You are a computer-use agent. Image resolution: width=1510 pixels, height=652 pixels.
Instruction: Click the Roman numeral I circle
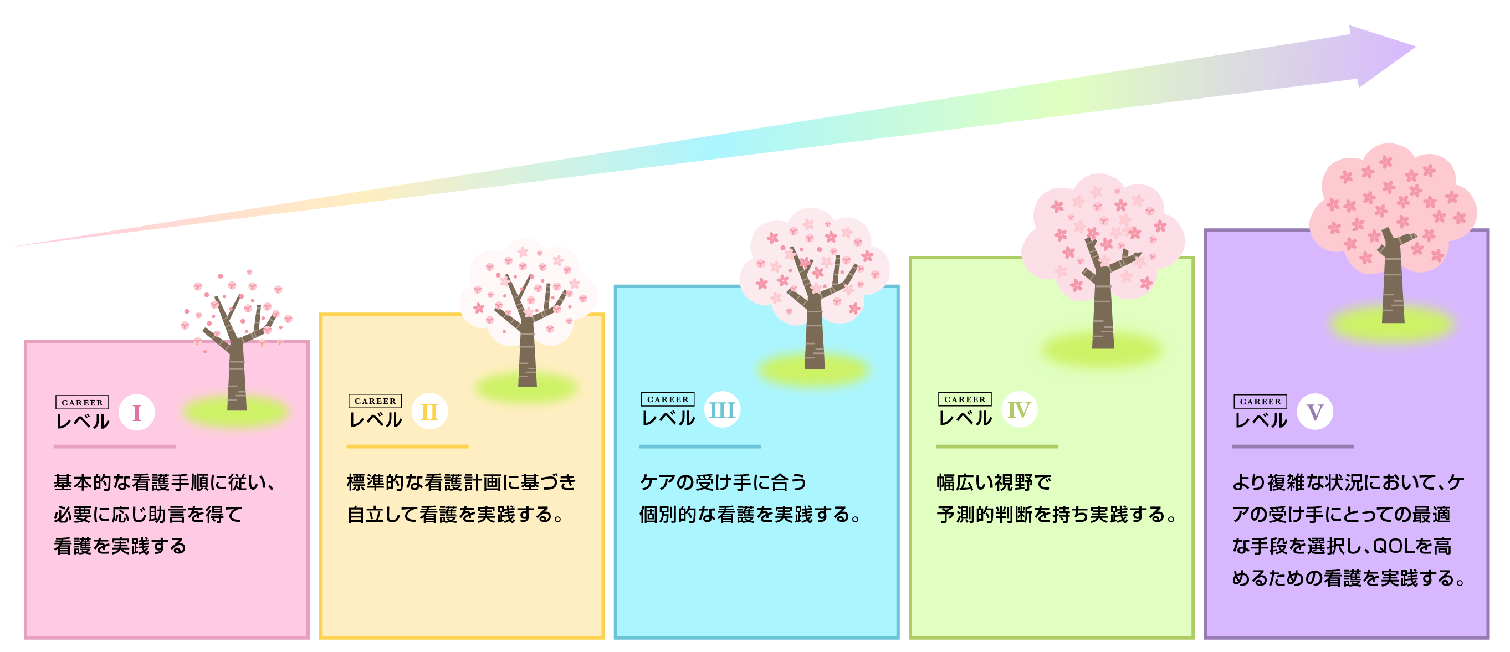pos(136,413)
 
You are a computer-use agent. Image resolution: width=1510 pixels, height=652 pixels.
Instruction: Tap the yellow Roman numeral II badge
pos(429,411)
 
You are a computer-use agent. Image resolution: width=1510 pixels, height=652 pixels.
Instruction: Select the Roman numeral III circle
pos(721,409)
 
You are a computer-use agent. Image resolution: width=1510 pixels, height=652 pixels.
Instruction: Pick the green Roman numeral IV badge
pos(1020,409)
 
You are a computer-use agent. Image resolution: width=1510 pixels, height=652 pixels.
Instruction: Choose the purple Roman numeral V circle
pos(1315,412)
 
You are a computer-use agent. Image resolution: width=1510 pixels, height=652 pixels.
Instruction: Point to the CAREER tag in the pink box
pos(82,403)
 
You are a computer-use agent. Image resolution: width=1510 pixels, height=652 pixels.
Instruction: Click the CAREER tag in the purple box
pos(1260,401)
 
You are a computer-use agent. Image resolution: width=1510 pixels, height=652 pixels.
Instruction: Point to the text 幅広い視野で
pos(994,482)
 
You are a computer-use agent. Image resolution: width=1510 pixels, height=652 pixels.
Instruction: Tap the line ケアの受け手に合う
pos(723,482)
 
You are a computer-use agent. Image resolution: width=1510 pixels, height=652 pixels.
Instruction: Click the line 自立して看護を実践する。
pos(455,514)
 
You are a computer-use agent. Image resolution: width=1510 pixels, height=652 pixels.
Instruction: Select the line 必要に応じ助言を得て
pos(149,514)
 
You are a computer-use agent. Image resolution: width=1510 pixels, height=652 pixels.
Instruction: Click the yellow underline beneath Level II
pos(407,446)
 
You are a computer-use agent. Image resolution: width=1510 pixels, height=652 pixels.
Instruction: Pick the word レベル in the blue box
pos(668,418)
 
